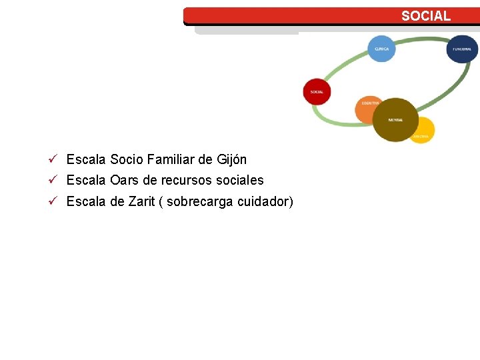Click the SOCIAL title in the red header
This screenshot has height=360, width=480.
pos(425,16)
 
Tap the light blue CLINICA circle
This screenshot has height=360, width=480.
pos(381,49)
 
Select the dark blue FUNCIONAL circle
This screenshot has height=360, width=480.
pos(462,49)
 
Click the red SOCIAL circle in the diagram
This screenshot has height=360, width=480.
pos(317,92)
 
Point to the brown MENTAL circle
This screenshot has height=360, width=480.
pos(395,120)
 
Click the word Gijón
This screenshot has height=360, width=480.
pos(231,160)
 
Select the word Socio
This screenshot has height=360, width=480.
pos(125,160)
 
